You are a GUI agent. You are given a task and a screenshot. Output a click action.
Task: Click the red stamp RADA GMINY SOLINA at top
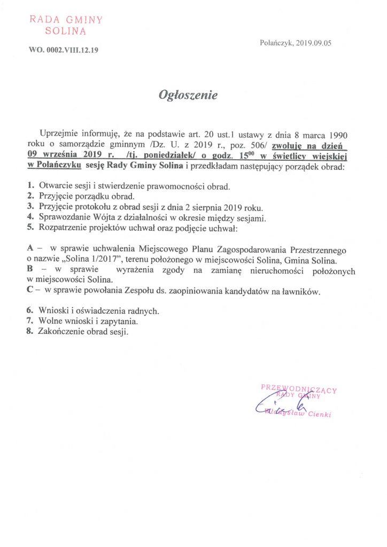coord(66,26)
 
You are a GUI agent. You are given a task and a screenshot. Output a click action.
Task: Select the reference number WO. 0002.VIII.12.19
coord(64,51)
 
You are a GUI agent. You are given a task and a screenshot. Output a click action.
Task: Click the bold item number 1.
coord(29,186)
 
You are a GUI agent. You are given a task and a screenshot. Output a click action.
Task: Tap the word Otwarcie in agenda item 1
coord(55,186)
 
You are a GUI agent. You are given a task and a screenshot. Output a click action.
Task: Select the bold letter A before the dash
coord(29,249)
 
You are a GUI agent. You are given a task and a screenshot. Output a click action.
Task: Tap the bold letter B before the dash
coord(29,271)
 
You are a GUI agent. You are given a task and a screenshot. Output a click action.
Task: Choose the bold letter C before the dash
coord(29,291)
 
